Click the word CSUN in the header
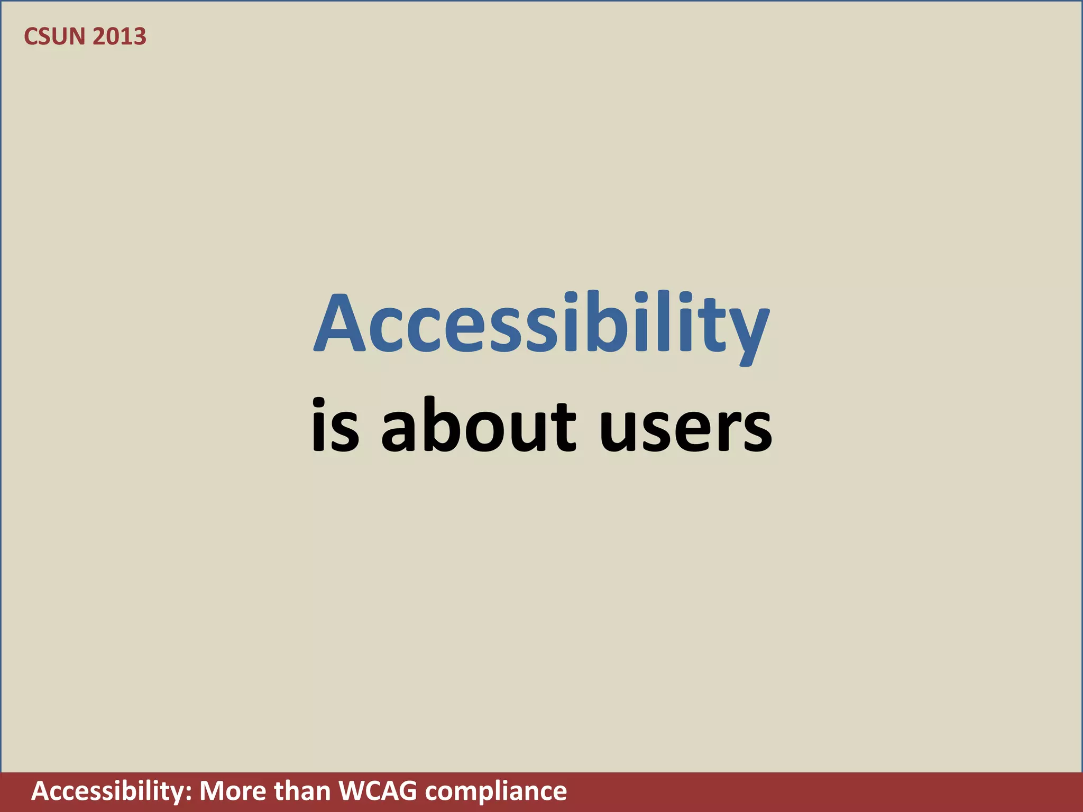(x=54, y=36)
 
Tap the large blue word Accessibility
(x=541, y=325)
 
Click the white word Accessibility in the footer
(x=110, y=792)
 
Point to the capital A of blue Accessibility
(x=340, y=324)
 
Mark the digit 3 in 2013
(x=139, y=36)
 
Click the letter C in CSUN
(x=32, y=36)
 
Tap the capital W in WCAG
(x=352, y=792)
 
